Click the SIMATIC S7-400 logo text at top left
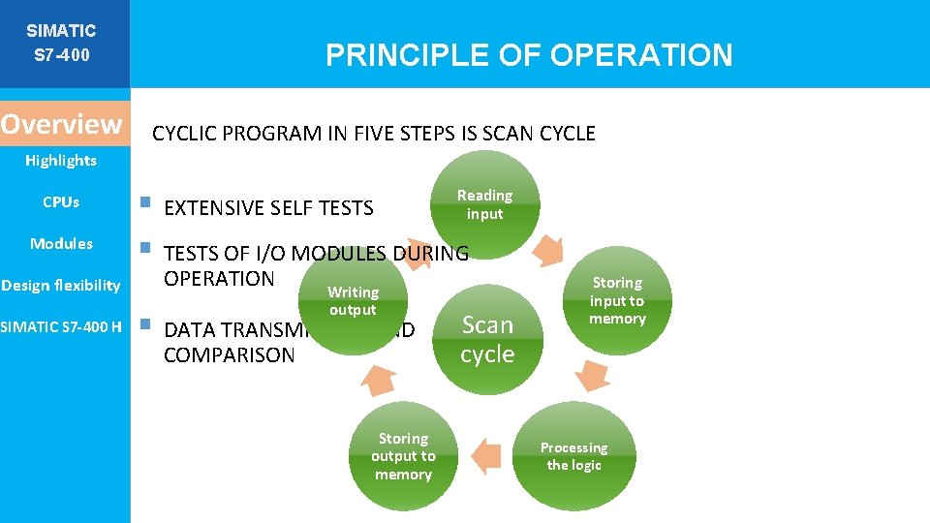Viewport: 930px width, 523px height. point(61,43)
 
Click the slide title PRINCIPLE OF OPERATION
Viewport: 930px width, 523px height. point(529,55)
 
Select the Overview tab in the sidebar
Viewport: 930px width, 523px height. point(62,125)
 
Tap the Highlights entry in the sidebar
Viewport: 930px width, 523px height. point(61,161)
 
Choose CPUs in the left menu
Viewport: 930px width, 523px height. point(61,202)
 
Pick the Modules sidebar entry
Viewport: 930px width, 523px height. point(61,243)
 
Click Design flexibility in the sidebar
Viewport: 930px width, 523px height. point(61,285)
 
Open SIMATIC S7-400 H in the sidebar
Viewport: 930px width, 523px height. point(61,326)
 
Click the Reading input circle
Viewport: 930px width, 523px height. point(484,204)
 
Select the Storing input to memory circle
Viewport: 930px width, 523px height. point(617,301)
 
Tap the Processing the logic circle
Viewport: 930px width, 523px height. point(573,456)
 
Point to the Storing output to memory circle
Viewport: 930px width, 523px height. point(403,456)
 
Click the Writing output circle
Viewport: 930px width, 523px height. point(353,301)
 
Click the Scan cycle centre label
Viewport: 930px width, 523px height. point(487,340)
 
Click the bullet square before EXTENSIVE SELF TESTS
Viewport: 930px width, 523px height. point(144,203)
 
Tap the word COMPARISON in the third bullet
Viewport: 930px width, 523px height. point(229,355)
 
